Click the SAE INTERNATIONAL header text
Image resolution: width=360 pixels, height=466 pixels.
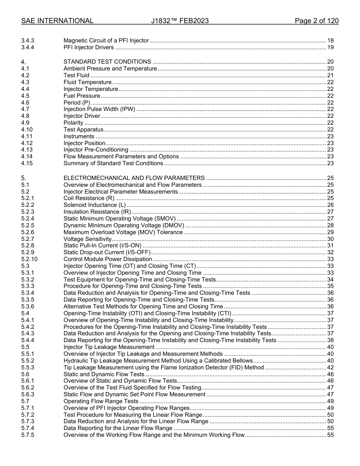(x=57, y=21)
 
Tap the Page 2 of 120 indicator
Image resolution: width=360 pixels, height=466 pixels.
(x=316, y=21)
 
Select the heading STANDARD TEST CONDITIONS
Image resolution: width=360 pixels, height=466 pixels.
(x=107, y=62)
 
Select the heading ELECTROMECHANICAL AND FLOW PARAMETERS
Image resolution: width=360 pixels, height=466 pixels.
(x=134, y=178)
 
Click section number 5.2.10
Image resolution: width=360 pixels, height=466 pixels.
(x=29, y=259)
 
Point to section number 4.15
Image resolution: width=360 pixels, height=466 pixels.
(x=27, y=163)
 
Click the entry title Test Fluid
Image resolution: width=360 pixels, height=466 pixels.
(x=76, y=75)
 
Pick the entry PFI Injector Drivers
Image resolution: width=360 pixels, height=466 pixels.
(x=89, y=47)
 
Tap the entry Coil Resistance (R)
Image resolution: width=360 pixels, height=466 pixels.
(x=89, y=198)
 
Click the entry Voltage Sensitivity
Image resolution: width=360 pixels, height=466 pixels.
(x=88, y=239)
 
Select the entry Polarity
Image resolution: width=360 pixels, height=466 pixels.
(x=73, y=123)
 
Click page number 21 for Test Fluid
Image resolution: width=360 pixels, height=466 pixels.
(x=330, y=75)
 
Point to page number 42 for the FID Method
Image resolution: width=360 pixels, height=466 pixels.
(x=330, y=367)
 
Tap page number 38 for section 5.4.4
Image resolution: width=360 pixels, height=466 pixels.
(x=330, y=340)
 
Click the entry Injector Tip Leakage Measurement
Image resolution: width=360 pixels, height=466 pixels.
(x=109, y=347)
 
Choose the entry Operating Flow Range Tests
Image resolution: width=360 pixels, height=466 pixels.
(x=101, y=401)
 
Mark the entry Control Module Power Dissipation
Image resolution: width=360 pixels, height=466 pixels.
(x=108, y=259)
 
